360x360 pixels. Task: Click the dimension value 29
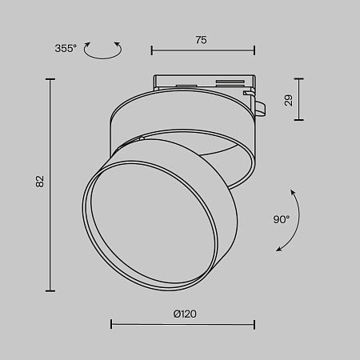point(287,100)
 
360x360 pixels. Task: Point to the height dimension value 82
point(38,182)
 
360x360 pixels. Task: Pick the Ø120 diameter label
point(183,314)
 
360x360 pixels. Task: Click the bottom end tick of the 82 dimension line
point(50,290)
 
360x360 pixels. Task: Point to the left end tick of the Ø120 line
point(110,324)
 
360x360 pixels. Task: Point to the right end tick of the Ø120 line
point(254,324)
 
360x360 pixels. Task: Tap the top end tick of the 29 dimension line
point(299,78)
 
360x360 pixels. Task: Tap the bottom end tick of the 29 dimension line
point(299,120)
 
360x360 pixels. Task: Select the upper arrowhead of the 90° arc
point(293,191)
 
